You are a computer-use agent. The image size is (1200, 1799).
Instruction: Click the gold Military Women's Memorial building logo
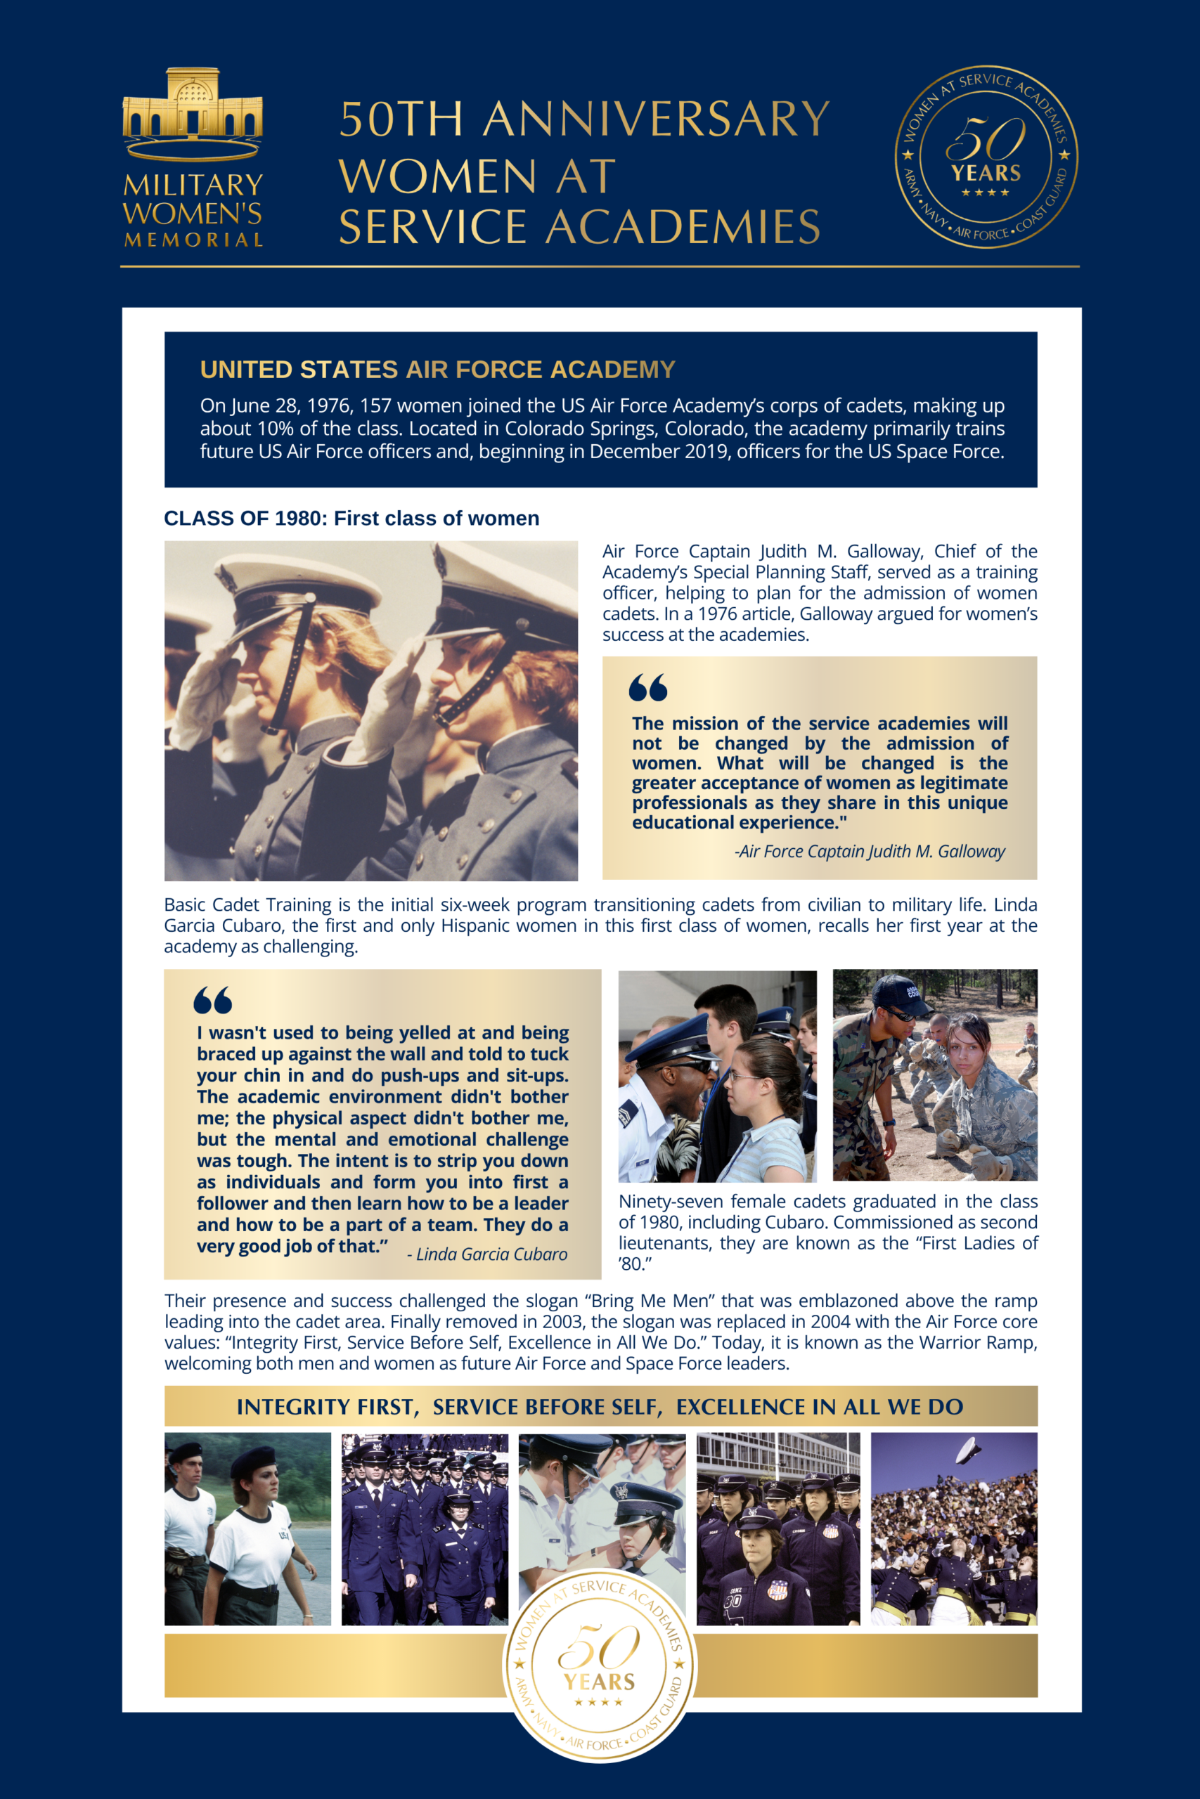point(192,112)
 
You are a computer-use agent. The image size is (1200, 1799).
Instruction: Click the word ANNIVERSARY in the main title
point(656,120)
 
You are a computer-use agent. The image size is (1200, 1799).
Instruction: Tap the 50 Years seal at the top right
point(986,157)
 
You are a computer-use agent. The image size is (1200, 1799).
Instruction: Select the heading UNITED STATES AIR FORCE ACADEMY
point(437,370)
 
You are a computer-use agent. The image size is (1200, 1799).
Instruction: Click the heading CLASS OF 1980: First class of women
point(351,519)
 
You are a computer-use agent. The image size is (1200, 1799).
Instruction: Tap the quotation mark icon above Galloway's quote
point(647,688)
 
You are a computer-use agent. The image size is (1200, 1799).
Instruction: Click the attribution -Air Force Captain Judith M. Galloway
point(870,851)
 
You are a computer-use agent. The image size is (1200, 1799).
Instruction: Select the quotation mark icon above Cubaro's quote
point(213,1000)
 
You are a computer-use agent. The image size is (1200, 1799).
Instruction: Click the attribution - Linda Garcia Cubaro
point(486,1254)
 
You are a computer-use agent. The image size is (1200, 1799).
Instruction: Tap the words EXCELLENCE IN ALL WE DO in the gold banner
point(819,1407)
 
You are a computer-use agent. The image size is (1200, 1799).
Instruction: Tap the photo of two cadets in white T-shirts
point(247,1529)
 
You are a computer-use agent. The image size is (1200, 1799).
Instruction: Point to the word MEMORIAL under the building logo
point(193,240)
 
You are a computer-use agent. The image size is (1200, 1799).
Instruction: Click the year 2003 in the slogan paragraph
point(562,1322)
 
